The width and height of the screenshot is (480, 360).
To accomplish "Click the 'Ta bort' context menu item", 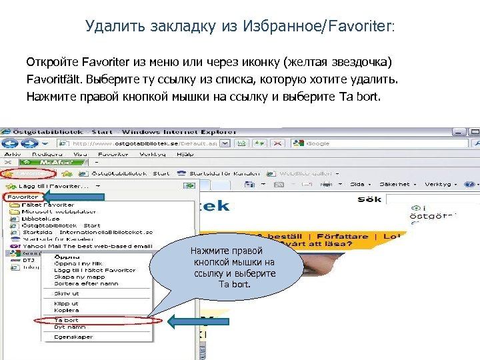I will coord(66,321).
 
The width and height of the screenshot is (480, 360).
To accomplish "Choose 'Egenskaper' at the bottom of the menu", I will coord(73,337).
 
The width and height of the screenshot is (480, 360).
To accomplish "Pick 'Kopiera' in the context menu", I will coord(66,311).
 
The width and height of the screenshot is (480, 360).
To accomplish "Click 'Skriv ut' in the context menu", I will coord(67,293).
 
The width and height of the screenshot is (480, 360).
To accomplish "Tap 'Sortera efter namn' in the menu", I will coord(85,283).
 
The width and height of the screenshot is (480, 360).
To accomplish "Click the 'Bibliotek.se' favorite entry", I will coord(41,218).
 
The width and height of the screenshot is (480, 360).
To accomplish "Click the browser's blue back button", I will coord(11,143).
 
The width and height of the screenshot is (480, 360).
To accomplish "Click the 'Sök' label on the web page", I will coord(369,199).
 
